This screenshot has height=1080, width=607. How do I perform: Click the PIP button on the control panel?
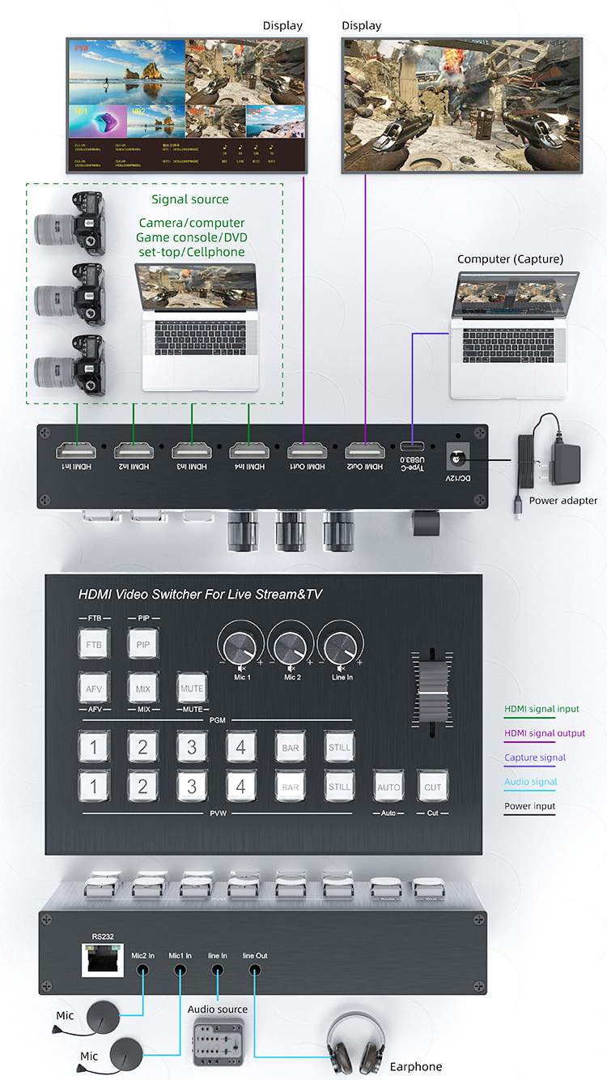click(x=142, y=645)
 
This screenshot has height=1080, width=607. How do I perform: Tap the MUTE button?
click(x=192, y=689)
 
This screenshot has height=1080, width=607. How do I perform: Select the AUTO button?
click(x=388, y=787)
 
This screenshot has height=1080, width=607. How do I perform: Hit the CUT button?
click(x=432, y=787)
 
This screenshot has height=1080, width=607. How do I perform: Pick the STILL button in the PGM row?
click(x=339, y=747)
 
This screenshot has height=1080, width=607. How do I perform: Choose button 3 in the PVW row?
click(x=192, y=786)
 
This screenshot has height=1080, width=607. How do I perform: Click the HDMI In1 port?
click(x=77, y=450)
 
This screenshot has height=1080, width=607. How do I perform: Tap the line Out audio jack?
click(x=255, y=970)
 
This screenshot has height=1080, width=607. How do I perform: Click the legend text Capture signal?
click(x=534, y=758)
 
